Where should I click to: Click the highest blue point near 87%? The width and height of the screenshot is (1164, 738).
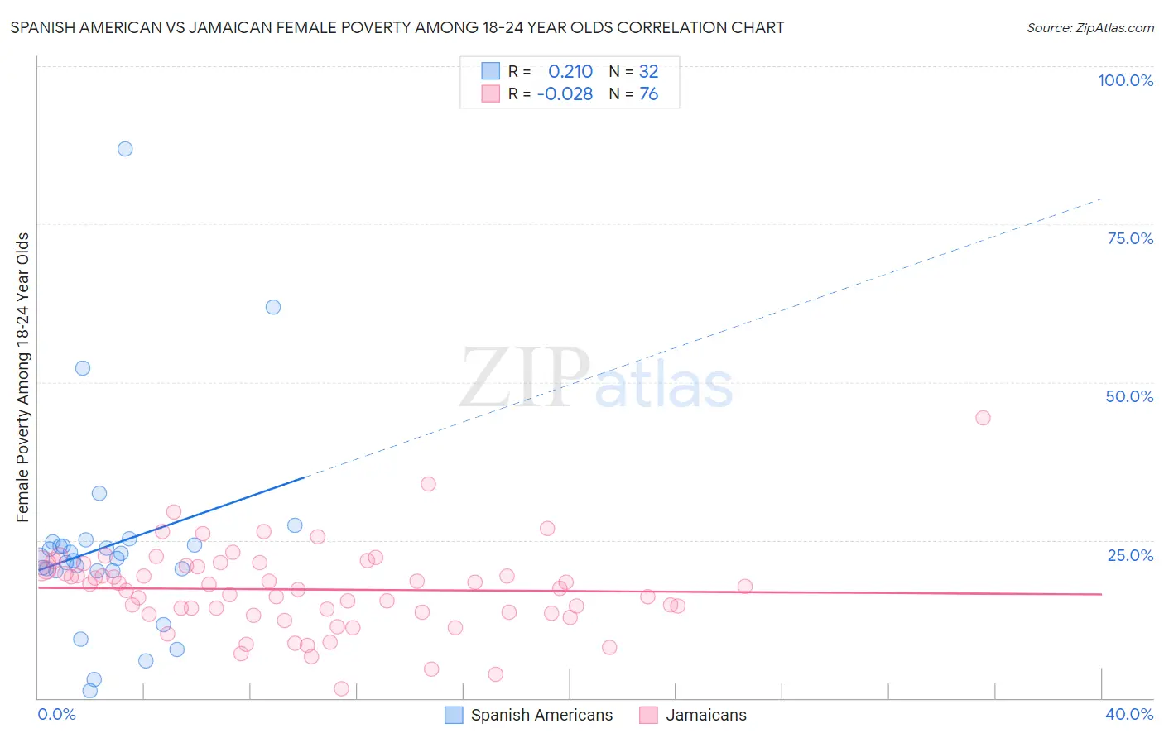[x=125, y=149]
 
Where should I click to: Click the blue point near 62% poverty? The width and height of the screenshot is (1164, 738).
[x=273, y=307]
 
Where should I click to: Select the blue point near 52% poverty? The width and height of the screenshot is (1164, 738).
[x=83, y=368]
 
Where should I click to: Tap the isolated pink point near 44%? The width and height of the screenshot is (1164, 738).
[x=983, y=418]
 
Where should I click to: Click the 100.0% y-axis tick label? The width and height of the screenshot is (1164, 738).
[x=1125, y=80]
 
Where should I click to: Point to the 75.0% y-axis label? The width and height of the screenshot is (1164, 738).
[x=1130, y=238]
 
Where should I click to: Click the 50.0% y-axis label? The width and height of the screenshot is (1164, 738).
[x=1129, y=396]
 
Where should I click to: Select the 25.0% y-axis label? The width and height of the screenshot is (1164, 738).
[x=1130, y=555]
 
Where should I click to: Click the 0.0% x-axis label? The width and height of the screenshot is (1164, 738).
[x=56, y=714]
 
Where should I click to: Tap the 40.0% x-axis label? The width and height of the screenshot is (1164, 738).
[x=1129, y=714]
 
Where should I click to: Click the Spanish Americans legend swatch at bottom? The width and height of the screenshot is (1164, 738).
[x=454, y=715]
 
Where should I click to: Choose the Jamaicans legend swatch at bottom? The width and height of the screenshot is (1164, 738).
[x=648, y=715]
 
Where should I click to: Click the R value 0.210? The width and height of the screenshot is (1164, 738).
[x=570, y=72]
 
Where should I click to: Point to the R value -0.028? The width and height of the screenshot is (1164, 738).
[x=565, y=94]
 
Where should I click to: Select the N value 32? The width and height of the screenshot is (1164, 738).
[x=648, y=72]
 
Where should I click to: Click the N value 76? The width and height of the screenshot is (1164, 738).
[x=648, y=94]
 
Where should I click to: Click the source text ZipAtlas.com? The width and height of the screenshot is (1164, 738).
[x=1114, y=28]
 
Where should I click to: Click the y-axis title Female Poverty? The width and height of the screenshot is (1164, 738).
[x=22, y=377]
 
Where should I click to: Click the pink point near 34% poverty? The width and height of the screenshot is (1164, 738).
[x=428, y=484]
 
